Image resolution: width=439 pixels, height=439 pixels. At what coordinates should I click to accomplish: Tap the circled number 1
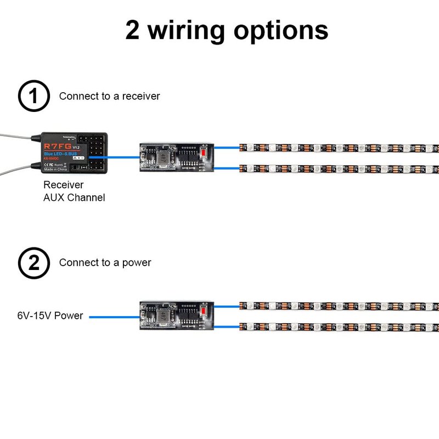[x=34, y=97]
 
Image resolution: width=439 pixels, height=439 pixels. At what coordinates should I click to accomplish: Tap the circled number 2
[x=34, y=263]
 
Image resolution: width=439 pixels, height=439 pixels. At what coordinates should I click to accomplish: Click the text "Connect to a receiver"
[x=109, y=97]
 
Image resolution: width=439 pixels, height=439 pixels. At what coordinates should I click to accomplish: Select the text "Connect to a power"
[x=105, y=263]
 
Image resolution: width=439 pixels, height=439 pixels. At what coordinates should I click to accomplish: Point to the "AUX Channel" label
[x=74, y=198]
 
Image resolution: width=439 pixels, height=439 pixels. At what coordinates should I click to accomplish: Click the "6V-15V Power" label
[x=50, y=316]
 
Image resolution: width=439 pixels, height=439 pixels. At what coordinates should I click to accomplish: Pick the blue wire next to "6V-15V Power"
[x=114, y=317]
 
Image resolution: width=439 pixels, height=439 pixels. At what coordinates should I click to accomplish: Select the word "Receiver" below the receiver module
[x=63, y=185]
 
